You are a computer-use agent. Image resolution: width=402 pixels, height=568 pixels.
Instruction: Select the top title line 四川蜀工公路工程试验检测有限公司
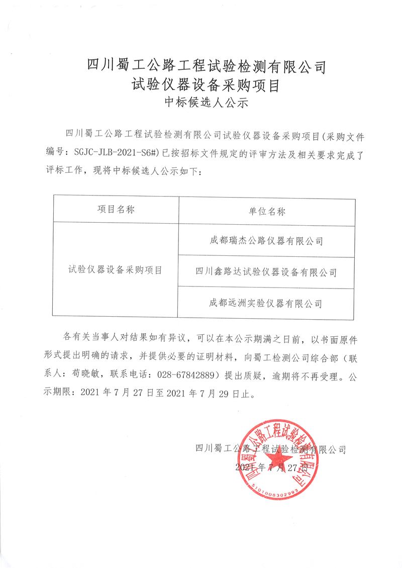[x=207, y=64]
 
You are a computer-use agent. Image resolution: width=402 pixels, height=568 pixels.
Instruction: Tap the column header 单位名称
[x=266, y=211]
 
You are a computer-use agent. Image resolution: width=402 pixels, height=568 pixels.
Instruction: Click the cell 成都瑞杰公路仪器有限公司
[x=266, y=241]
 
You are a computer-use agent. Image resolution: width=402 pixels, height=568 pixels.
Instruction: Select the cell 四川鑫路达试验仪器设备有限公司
[x=266, y=272]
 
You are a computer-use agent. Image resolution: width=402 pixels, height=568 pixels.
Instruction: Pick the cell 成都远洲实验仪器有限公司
[x=266, y=303]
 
